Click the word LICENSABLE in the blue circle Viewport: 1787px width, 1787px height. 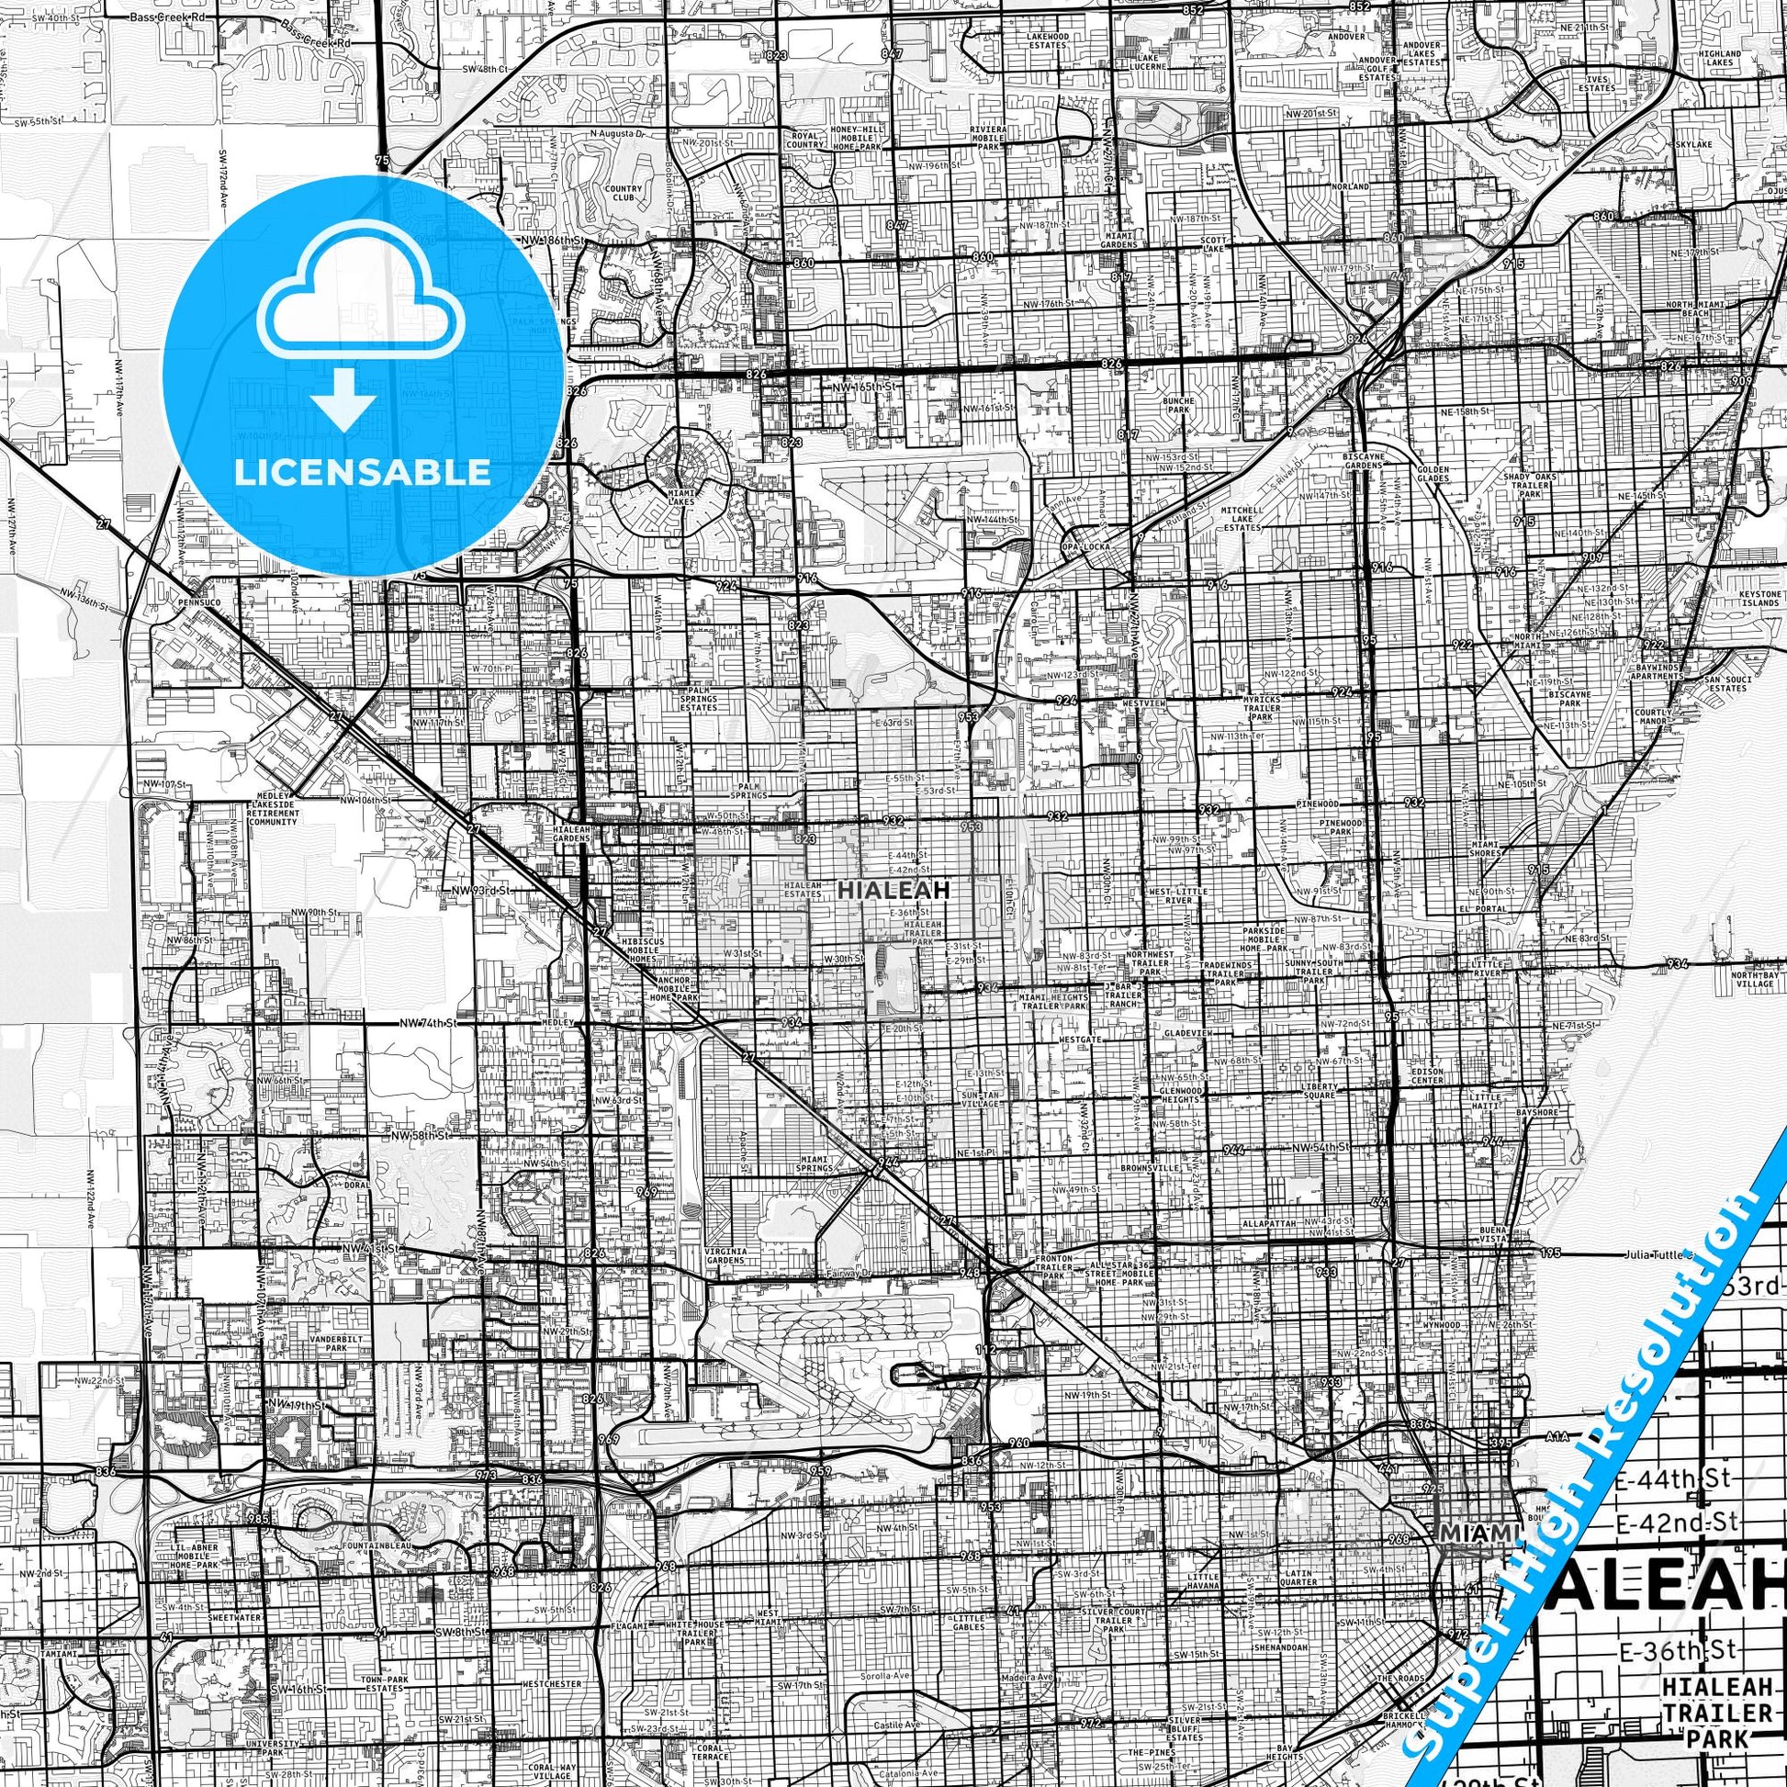pos(363,471)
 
